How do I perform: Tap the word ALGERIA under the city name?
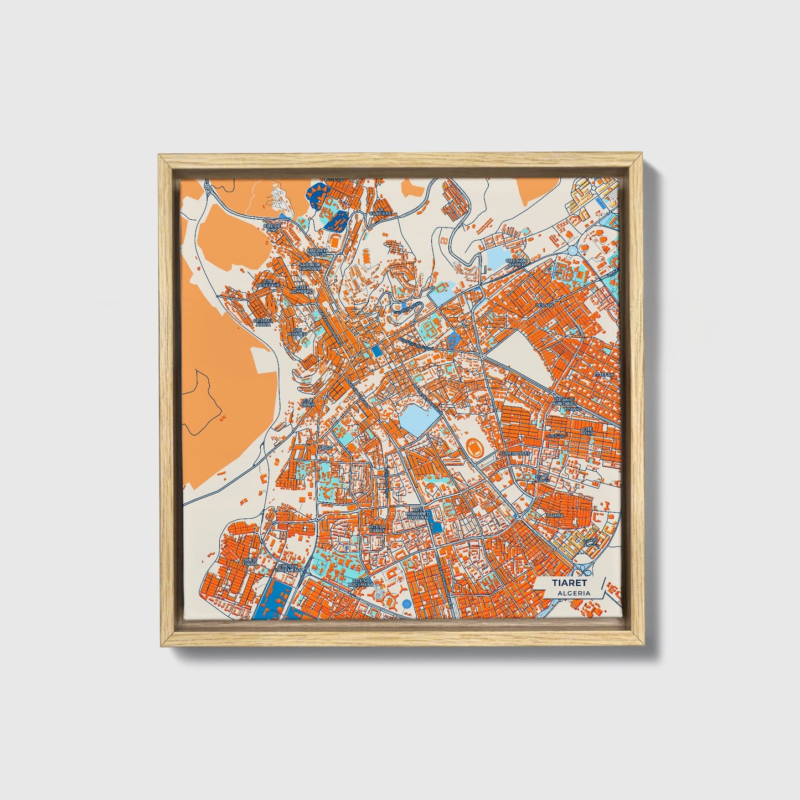pos(574,593)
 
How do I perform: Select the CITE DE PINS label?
pos(272,228)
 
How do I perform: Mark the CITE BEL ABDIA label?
pos(262,322)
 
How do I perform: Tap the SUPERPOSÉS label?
pos(514,453)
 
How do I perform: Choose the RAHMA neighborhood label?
pos(555,515)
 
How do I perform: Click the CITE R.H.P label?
pos(588,431)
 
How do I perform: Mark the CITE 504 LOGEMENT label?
pos(290,567)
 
